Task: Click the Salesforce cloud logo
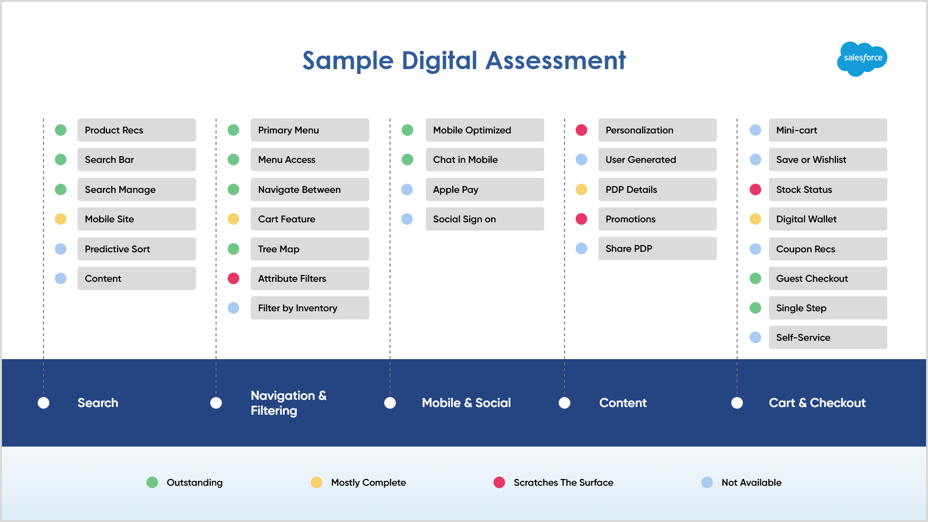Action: coord(862,59)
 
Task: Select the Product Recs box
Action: coord(137,130)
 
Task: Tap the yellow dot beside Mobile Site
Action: coord(60,219)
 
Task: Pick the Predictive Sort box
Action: coord(137,249)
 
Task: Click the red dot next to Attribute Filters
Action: coord(233,278)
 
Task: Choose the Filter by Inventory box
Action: coord(310,308)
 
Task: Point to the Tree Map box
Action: coord(310,249)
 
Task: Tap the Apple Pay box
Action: coord(485,189)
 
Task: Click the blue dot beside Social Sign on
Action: coord(407,219)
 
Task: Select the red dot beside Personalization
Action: coord(581,130)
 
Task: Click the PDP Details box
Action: coord(657,189)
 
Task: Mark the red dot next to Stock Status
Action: coord(755,189)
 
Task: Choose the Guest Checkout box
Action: coord(828,278)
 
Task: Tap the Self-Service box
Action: coord(828,337)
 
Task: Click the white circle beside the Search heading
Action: coord(43,403)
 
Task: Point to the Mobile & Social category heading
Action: coord(466,403)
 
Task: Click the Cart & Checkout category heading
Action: coord(817,403)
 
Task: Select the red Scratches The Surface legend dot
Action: coord(499,482)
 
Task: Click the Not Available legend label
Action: coord(752,482)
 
